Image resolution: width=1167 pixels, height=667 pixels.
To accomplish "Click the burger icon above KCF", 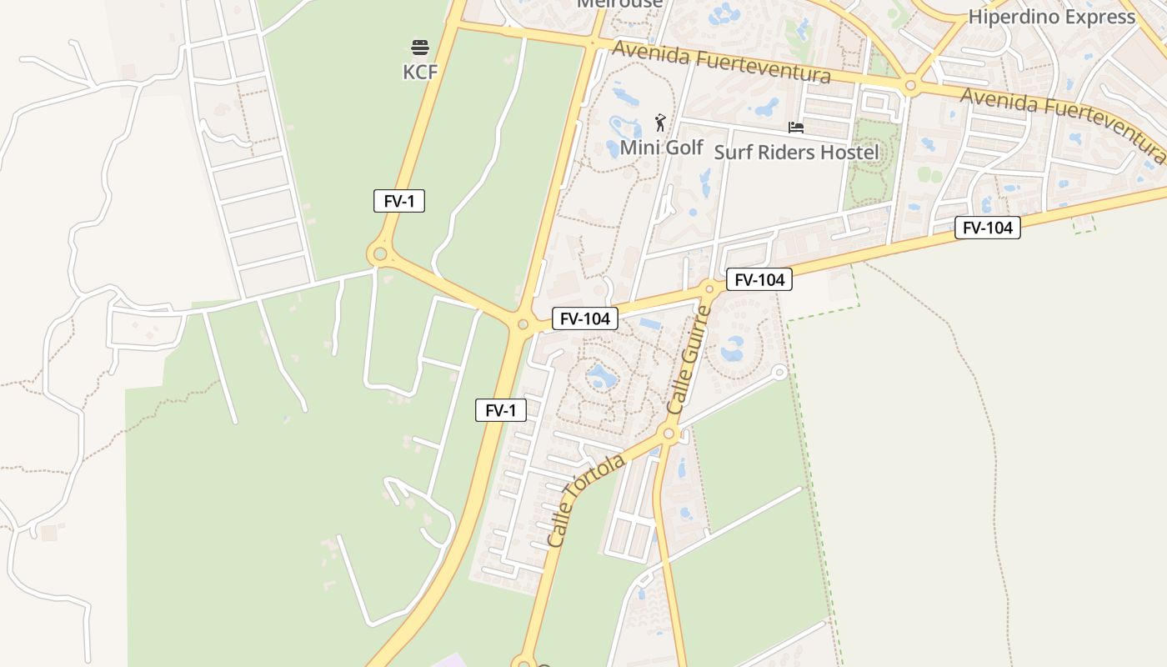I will [x=420, y=47].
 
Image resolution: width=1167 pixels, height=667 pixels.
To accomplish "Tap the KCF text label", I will [x=420, y=72].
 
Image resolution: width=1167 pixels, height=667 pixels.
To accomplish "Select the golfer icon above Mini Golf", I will [x=660, y=123].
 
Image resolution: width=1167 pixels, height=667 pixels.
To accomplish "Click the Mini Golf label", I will [x=662, y=148].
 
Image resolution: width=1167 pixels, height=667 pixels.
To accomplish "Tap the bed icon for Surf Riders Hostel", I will [x=796, y=128].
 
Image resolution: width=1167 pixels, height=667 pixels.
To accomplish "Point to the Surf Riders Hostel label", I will [x=796, y=152].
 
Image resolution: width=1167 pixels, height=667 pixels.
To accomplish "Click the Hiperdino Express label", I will [x=1051, y=17].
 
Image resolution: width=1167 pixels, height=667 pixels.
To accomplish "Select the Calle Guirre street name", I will [x=690, y=360].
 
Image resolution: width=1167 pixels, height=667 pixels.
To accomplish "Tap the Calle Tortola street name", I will [x=586, y=501].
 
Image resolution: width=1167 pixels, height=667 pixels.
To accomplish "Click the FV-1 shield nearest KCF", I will [x=399, y=201].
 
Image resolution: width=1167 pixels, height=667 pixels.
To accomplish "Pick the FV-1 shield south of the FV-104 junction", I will [x=501, y=410].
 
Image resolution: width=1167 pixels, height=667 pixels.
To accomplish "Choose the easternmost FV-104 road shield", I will [x=987, y=228].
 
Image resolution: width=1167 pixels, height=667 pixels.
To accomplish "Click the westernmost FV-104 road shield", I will [x=584, y=318].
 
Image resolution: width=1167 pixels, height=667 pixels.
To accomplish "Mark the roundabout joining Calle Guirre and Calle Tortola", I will [x=668, y=434].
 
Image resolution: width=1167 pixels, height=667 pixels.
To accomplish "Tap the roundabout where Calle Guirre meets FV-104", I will [x=709, y=288].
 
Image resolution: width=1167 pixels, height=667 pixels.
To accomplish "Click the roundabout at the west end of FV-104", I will [x=523, y=324].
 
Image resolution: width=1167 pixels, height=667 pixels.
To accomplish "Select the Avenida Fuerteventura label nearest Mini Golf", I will [x=721, y=63].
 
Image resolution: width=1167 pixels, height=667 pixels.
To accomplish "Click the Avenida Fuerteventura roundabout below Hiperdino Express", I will [x=910, y=85].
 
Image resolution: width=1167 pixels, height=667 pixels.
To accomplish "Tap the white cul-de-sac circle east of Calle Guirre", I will [x=779, y=372].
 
